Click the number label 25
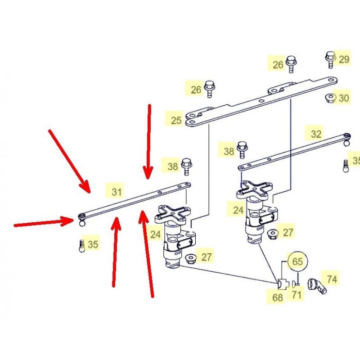click(x=176, y=120)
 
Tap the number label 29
click(x=344, y=59)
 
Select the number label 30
click(x=344, y=98)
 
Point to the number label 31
click(x=117, y=192)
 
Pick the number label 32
click(x=316, y=134)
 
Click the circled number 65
click(x=297, y=261)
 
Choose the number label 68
click(x=277, y=297)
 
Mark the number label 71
click(x=297, y=295)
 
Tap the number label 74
click(x=332, y=279)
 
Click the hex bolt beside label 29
click(x=330, y=59)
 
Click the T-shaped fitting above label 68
click(x=282, y=285)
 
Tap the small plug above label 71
click(x=294, y=285)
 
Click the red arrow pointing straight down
click(x=148, y=142)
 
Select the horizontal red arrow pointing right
click(x=44, y=222)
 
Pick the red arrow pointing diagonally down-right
click(x=70, y=162)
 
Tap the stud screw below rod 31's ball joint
click(x=81, y=246)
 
